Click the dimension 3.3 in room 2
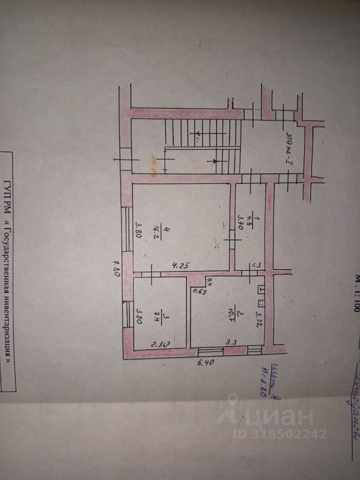(231, 342)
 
